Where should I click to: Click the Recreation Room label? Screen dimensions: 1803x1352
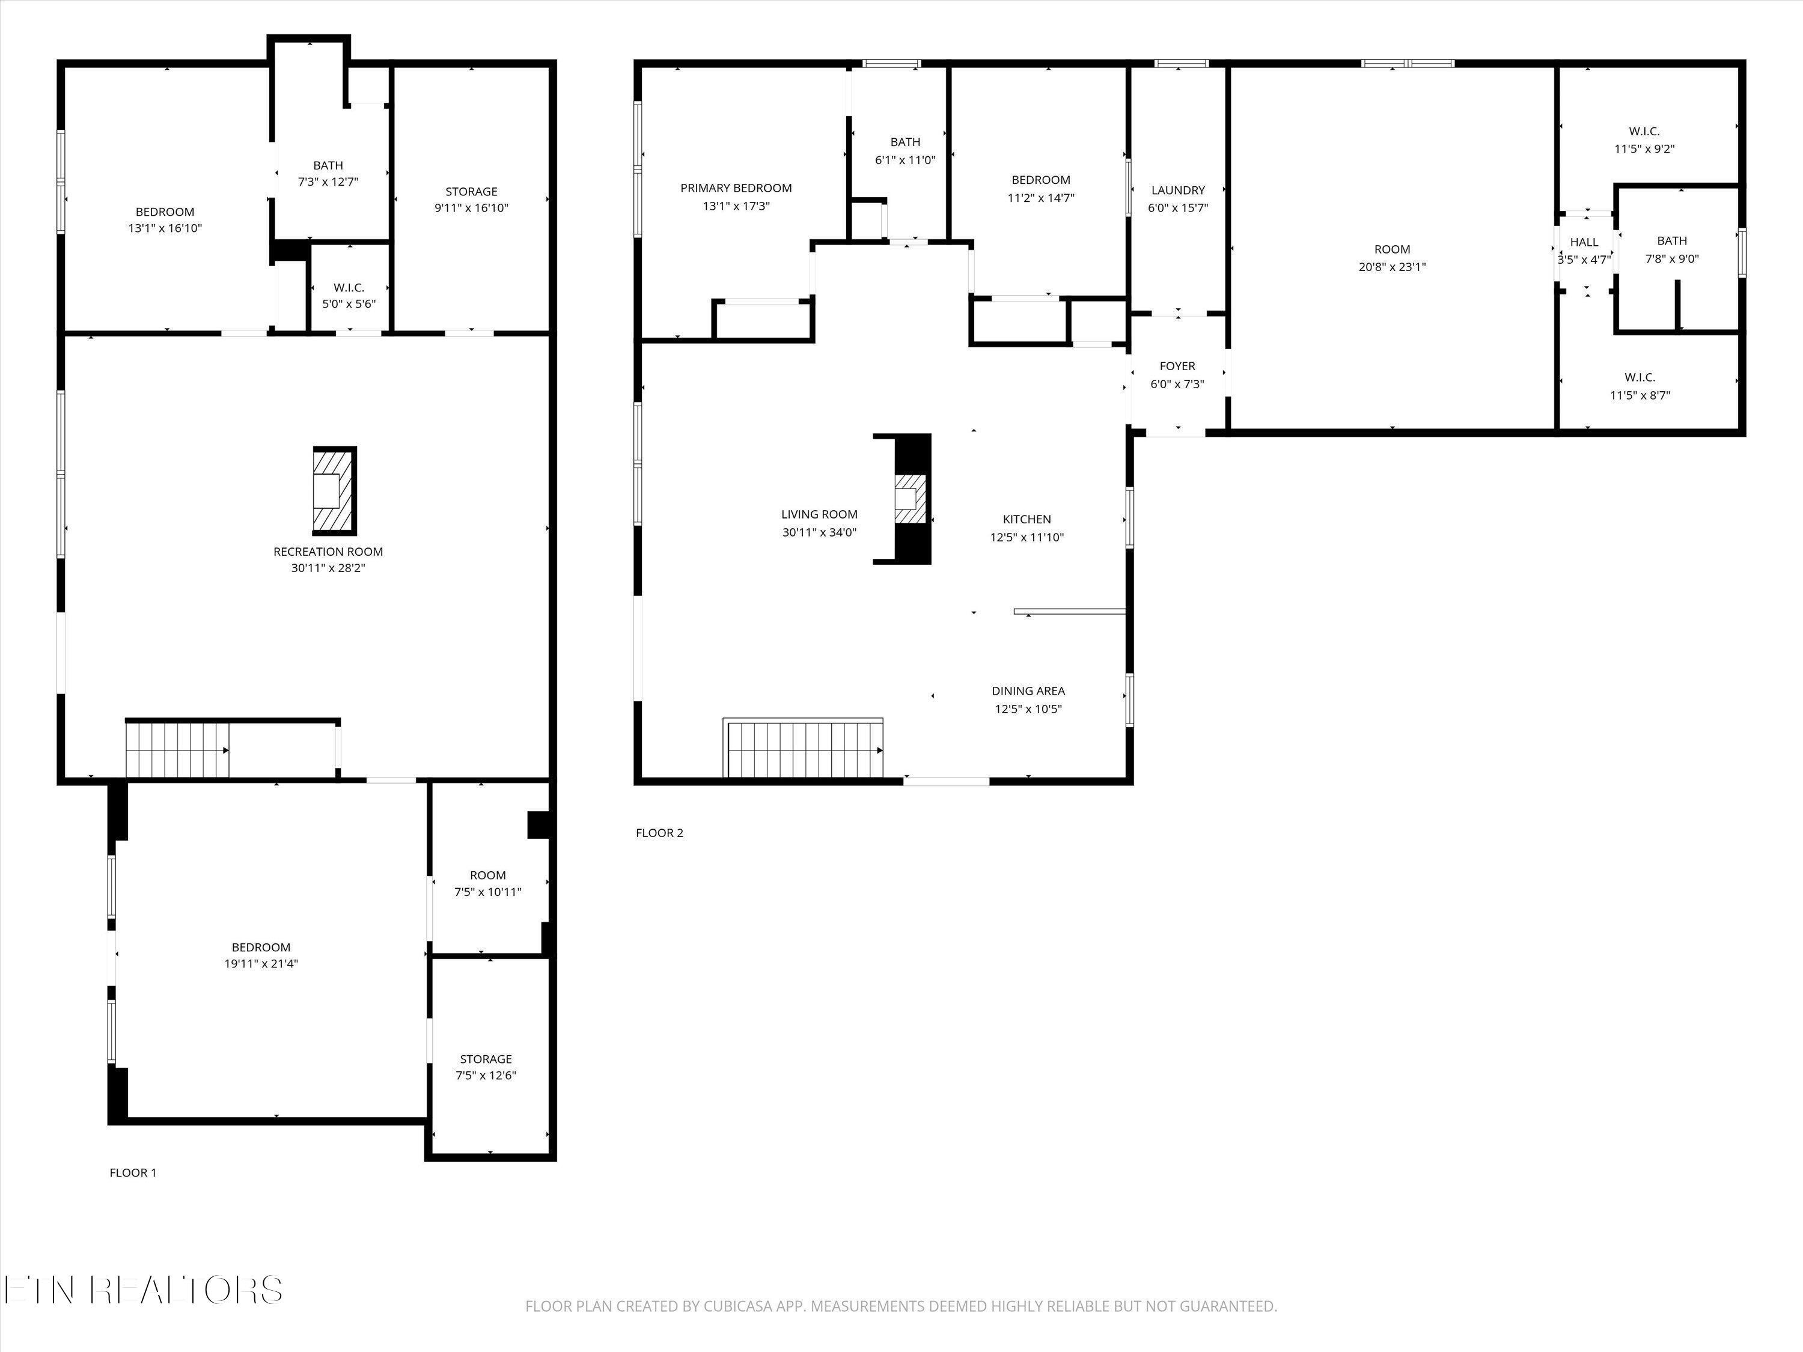[328, 552]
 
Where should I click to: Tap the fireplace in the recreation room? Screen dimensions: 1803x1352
[335, 490]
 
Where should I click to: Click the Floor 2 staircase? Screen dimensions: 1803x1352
[805, 750]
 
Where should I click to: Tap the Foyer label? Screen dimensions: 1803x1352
[1177, 367]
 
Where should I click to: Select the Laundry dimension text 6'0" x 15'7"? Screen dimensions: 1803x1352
[1178, 208]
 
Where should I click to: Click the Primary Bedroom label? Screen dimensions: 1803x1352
[736, 188]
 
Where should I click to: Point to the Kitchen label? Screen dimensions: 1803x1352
[1027, 519]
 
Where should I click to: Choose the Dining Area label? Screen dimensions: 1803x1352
[1028, 691]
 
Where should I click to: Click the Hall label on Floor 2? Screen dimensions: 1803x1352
[1585, 242]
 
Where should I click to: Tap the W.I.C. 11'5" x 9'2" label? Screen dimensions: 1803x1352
[1644, 140]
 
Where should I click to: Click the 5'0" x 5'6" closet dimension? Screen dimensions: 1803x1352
[349, 304]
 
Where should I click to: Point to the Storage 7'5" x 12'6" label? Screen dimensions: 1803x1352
[486, 1067]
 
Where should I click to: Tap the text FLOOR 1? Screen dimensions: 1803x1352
[133, 1173]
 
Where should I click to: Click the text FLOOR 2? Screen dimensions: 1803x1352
[659, 833]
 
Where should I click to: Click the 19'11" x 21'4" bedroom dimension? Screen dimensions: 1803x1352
[261, 963]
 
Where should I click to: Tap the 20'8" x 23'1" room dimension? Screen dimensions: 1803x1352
[1392, 266]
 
